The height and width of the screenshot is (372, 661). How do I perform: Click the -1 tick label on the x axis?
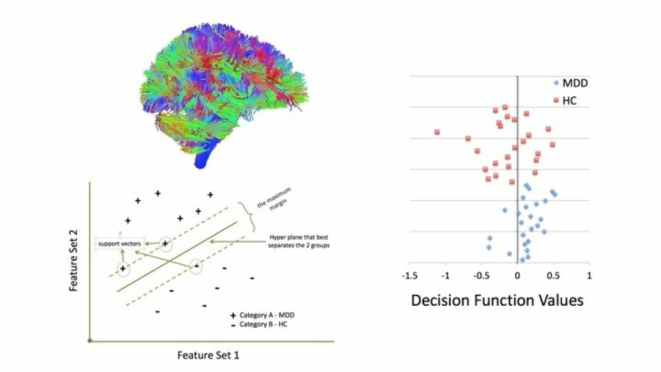pyautogui.click(x=445, y=276)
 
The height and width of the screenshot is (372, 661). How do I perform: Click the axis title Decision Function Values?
pyautogui.click(x=497, y=300)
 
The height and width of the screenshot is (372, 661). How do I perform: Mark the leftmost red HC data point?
pyautogui.click(x=437, y=132)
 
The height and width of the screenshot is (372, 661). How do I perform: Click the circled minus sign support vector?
pyautogui.click(x=196, y=265)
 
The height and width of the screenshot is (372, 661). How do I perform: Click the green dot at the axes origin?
pyautogui.click(x=90, y=340)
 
